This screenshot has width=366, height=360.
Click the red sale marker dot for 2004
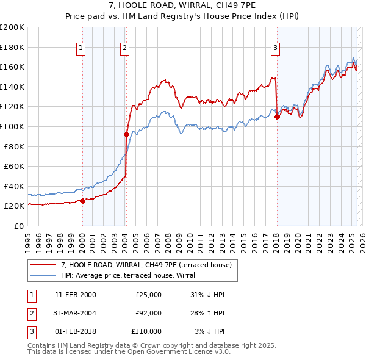126,134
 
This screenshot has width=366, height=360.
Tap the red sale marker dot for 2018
277,117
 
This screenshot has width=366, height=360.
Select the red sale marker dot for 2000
82,201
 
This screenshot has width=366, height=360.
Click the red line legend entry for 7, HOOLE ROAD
146,265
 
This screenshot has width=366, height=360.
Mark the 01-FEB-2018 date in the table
76,331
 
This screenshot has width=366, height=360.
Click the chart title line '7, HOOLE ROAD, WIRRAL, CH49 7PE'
182,8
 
